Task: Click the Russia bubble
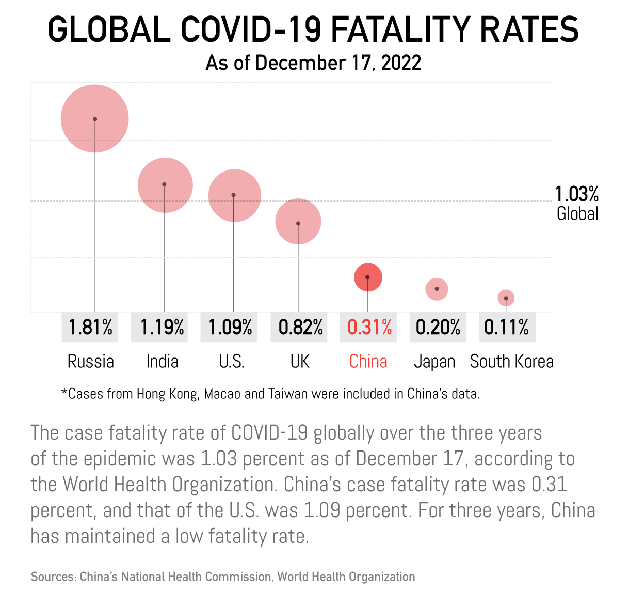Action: point(95,119)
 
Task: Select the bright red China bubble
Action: point(368,277)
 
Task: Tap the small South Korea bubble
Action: point(506,298)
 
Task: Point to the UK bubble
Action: point(298,222)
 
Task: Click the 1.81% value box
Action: point(90,327)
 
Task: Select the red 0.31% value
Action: point(369,327)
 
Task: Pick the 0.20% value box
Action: point(438,327)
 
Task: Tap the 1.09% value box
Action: point(230,327)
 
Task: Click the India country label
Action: point(162,361)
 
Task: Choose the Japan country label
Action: point(434,361)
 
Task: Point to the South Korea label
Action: point(511,361)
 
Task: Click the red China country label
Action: point(368,361)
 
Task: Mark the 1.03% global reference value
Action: point(577,194)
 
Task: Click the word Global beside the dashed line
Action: point(577,213)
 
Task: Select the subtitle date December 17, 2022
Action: point(338,63)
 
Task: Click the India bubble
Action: point(165,185)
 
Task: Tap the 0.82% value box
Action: point(300,327)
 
